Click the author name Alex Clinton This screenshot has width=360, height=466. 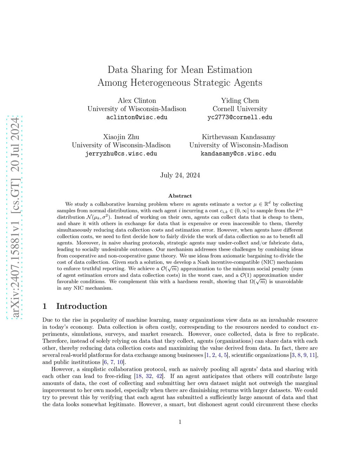click(137, 101)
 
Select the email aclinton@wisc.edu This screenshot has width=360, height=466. click(137, 117)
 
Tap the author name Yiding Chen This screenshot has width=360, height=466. click(240, 101)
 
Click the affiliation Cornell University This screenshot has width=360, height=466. click(240, 109)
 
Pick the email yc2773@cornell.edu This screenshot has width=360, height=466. click(240, 117)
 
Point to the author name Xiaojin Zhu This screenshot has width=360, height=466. click(121, 137)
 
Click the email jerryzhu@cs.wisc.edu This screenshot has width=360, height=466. click(121, 154)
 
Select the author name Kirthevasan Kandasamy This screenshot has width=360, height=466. click(238, 137)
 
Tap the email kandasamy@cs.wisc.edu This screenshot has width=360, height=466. click(238, 154)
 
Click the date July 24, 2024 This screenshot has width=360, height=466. click(180, 175)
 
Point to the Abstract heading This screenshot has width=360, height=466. click(180, 196)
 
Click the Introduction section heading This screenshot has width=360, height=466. click(82, 306)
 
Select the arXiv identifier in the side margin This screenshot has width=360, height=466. click(15, 217)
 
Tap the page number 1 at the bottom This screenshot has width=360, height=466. click(180, 422)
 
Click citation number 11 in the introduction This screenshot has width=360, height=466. click(313, 355)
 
